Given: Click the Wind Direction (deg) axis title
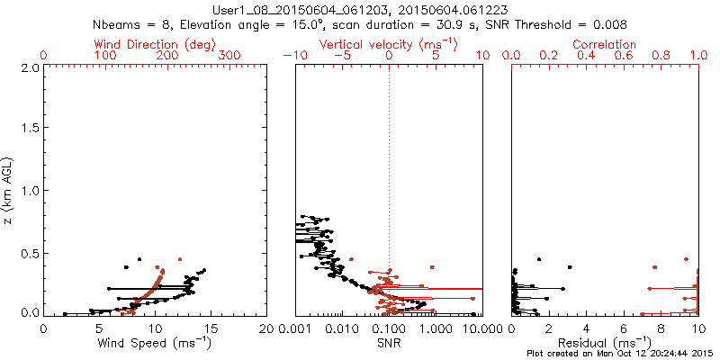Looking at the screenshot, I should click(155, 44).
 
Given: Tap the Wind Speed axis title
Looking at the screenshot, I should click(155, 342).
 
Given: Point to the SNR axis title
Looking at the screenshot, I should click(389, 342).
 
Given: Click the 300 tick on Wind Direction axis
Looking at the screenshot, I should click(232, 56).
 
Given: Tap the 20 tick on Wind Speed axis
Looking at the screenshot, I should click(266, 328).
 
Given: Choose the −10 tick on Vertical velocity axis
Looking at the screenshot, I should click(293, 56).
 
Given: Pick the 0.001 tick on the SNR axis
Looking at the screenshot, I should click(295, 328).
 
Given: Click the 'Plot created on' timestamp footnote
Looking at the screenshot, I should click(621, 354).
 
